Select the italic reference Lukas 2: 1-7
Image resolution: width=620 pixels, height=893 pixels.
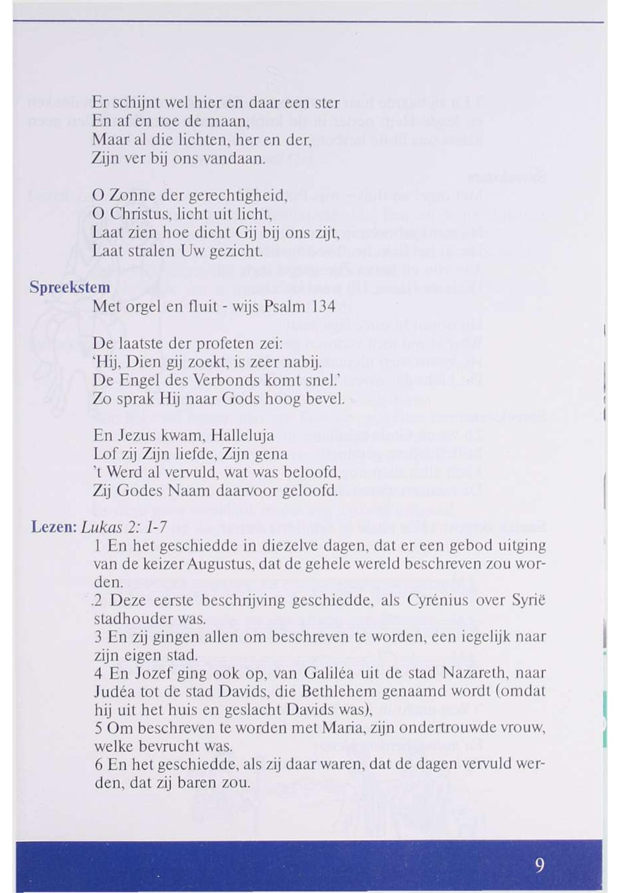click(x=124, y=527)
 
